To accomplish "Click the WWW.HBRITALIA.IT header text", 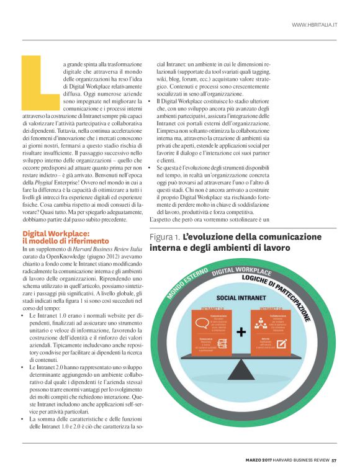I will [x=314, y=25].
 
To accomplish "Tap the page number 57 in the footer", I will [x=333, y=460].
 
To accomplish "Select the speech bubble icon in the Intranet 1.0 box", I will [x=202, y=323].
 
